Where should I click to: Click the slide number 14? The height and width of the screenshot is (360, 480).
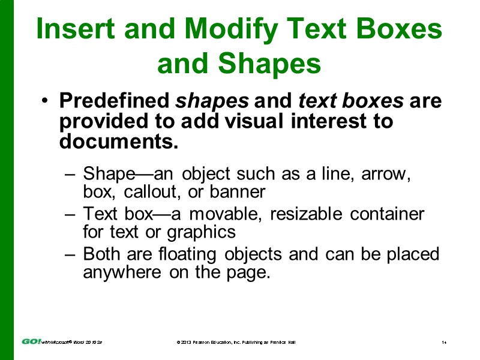coord(444,342)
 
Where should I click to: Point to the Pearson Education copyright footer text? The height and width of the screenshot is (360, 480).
coord(235,342)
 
